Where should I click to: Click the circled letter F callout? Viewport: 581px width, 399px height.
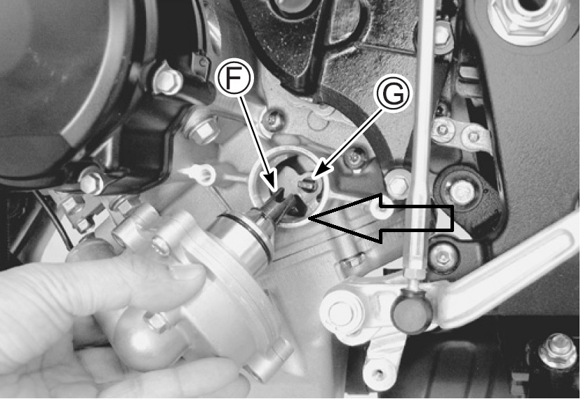click(x=234, y=79)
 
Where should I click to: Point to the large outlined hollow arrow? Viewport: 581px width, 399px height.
click(x=381, y=218)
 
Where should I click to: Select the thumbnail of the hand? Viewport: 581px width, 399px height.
click(x=188, y=273)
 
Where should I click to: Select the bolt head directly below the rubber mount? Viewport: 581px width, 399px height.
click(x=443, y=256)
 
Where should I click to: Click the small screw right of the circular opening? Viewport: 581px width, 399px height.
click(x=354, y=160)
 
